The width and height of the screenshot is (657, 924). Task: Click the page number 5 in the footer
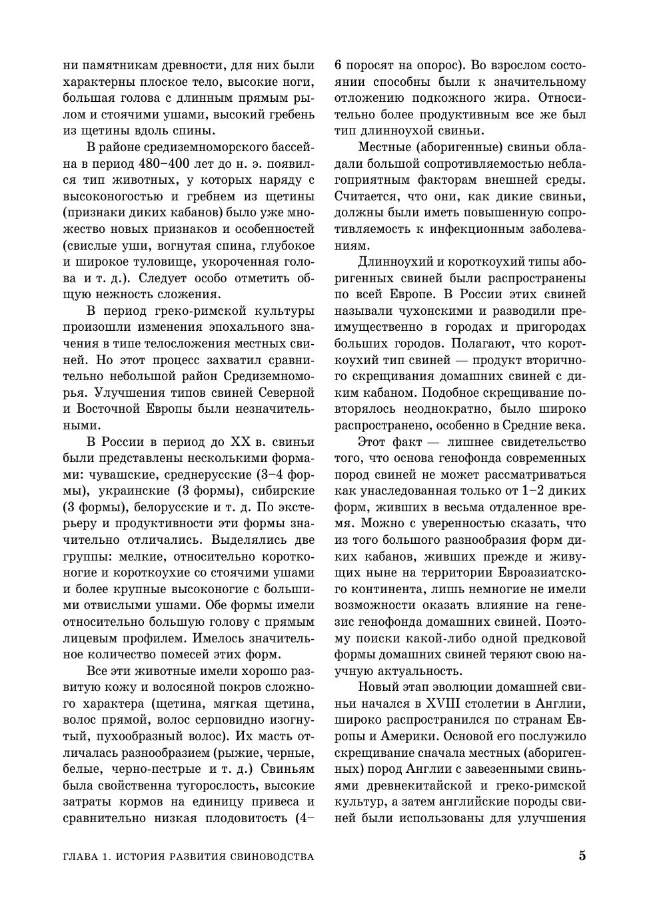[x=582, y=855]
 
